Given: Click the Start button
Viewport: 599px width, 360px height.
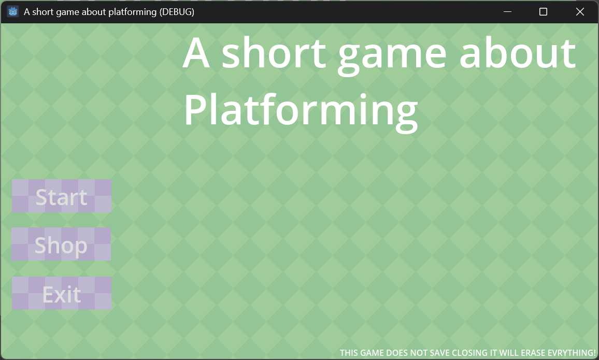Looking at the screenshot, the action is (x=62, y=196).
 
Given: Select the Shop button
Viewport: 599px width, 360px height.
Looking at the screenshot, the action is (x=61, y=244).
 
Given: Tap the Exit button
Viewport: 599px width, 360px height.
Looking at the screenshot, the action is (x=62, y=293).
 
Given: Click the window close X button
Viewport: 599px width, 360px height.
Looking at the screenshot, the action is (x=580, y=12).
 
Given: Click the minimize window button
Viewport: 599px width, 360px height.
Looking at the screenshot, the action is (x=507, y=12).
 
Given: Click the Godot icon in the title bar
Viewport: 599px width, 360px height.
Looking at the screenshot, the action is (x=13, y=12).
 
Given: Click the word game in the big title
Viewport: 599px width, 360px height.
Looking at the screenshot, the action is (x=392, y=56).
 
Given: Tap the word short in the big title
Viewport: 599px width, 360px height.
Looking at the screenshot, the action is (x=274, y=52).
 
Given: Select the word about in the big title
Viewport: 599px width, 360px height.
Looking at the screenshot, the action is (x=518, y=52).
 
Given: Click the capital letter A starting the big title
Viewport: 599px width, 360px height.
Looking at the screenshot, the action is (x=196, y=53).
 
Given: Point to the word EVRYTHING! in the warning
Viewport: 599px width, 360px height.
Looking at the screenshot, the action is (x=572, y=353).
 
